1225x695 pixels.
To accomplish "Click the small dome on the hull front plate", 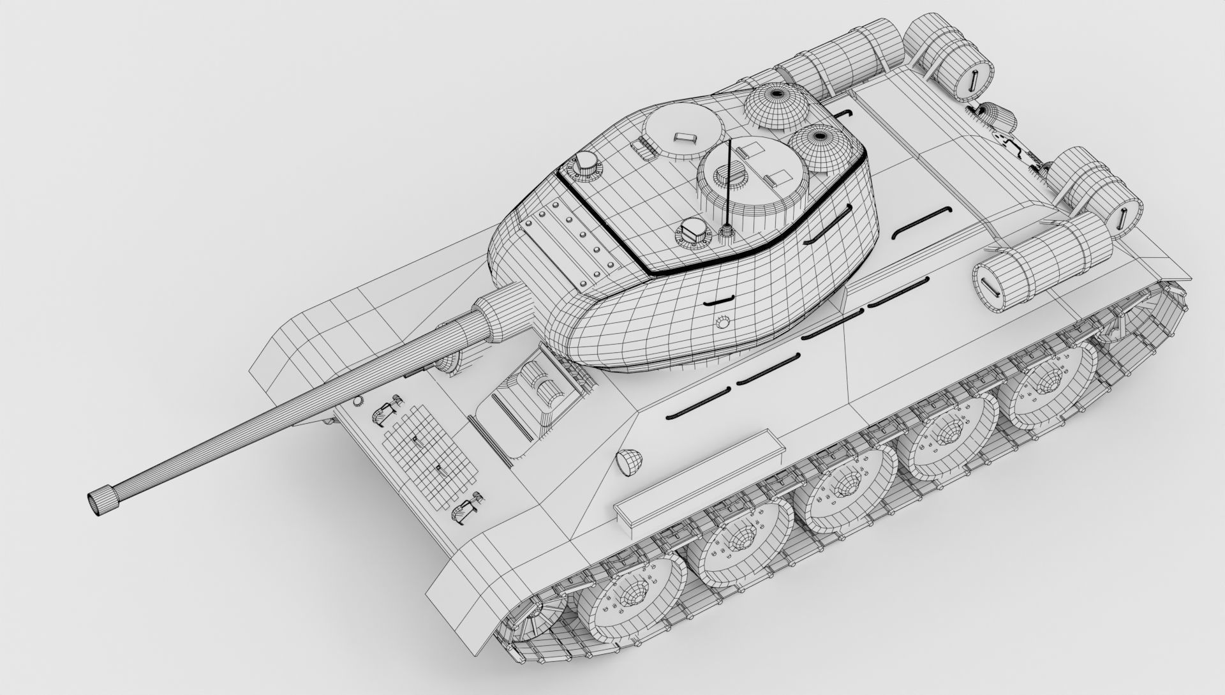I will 629,461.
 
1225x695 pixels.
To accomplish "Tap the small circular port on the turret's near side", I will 722,321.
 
